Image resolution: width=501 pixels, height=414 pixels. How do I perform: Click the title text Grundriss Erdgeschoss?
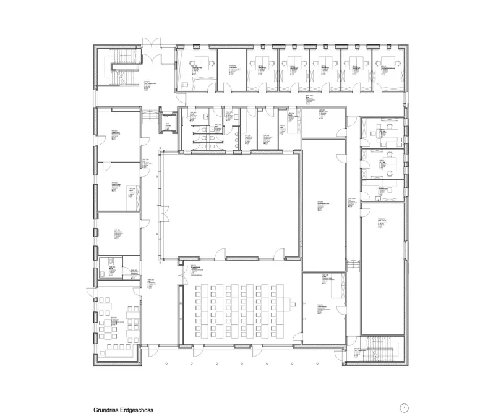pos(123,409)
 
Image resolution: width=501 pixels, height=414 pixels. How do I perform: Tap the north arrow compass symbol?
pos(404,407)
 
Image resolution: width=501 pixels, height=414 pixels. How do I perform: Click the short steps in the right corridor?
pos(355,263)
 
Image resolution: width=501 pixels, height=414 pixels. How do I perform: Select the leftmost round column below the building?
pos(167,364)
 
